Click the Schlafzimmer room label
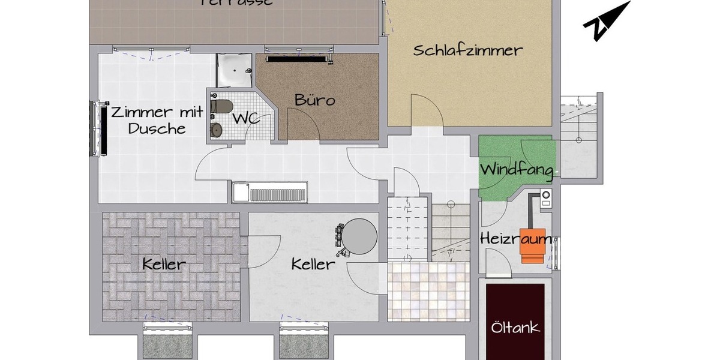click(x=468, y=50)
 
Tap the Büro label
click(x=314, y=100)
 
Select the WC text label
click(x=246, y=118)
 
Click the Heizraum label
click(x=516, y=239)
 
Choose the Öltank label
click(x=515, y=328)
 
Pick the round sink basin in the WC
click(x=216, y=129)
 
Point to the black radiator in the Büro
click(x=296, y=59)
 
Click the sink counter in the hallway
click(x=269, y=193)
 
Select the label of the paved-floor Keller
click(x=164, y=264)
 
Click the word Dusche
click(x=157, y=128)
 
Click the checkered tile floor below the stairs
click(x=427, y=292)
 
